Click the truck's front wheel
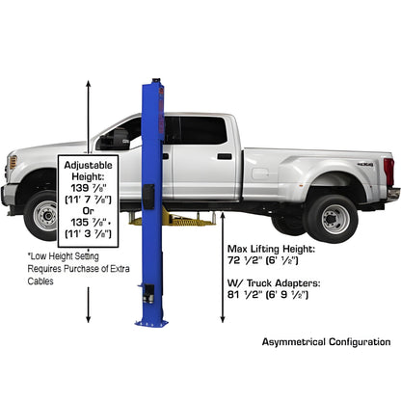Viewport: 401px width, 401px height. (44, 216)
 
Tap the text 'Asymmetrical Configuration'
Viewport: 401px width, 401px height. (326, 342)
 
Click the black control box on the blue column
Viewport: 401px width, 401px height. (149, 195)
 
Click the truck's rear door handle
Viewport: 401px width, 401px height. (224, 156)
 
